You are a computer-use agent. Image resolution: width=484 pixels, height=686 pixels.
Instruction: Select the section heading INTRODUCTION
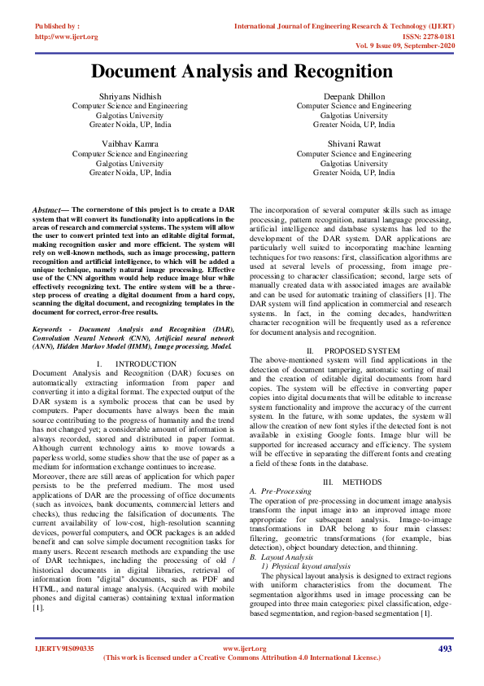tap(141, 363)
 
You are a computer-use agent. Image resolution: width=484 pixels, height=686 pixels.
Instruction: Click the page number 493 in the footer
tap(445, 649)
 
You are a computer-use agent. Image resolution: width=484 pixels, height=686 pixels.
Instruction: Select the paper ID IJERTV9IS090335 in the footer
tap(64, 649)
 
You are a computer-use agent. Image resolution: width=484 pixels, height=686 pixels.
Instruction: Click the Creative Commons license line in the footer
tap(242, 657)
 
